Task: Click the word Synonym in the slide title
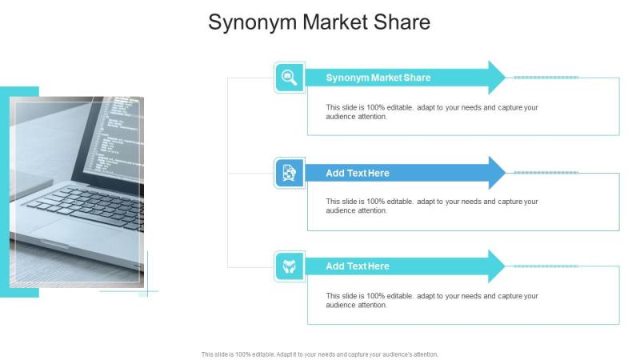pyautogui.click(x=252, y=22)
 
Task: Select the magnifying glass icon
pyautogui.click(x=290, y=78)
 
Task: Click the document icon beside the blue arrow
pyautogui.click(x=290, y=173)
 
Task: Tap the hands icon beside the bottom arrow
pyautogui.click(x=290, y=266)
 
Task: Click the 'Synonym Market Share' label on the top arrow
pyautogui.click(x=378, y=78)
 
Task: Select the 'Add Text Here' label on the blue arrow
pyautogui.click(x=357, y=173)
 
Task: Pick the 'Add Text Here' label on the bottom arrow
pyautogui.click(x=357, y=266)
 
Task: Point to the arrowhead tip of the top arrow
pyautogui.click(x=506, y=77)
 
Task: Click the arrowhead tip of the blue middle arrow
pyautogui.click(x=506, y=173)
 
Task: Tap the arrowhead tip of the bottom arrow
pyautogui.click(x=506, y=266)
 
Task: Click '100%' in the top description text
pyautogui.click(x=375, y=107)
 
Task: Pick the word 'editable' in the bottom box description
pyautogui.click(x=400, y=296)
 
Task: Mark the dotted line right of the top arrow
pyautogui.click(x=546, y=77)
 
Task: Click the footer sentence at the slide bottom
pyautogui.click(x=319, y=354)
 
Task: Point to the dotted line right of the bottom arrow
pyautogui.click(x=546, y=266)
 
